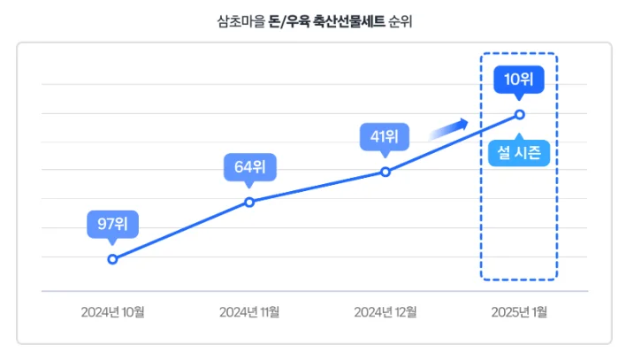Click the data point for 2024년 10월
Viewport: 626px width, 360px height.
pos(112,259)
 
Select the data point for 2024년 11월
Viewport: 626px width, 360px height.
pos(249,202)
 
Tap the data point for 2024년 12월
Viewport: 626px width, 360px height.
pos(386,172)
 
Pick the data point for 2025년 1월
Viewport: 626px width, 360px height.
pos(519,114)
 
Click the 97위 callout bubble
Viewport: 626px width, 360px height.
pos(112,225)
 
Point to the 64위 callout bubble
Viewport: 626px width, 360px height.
pos(249,166)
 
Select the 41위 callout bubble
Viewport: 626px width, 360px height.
pos(385,137)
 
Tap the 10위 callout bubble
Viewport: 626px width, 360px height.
pos(519,80)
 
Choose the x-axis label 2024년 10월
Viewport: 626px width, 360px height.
pos(112,311)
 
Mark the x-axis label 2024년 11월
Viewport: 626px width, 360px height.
pos(249,311)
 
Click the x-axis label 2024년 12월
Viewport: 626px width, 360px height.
pos(386,311)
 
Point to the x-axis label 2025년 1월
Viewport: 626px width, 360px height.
pos(520,311)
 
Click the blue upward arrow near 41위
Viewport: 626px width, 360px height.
pos(448,130)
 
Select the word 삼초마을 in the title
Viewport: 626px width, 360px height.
pos(240,19)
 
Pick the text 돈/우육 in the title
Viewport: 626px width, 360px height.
pos(289,19)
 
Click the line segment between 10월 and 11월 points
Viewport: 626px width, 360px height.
pos(181,230)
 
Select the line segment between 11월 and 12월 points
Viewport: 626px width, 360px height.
pos(317,187)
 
